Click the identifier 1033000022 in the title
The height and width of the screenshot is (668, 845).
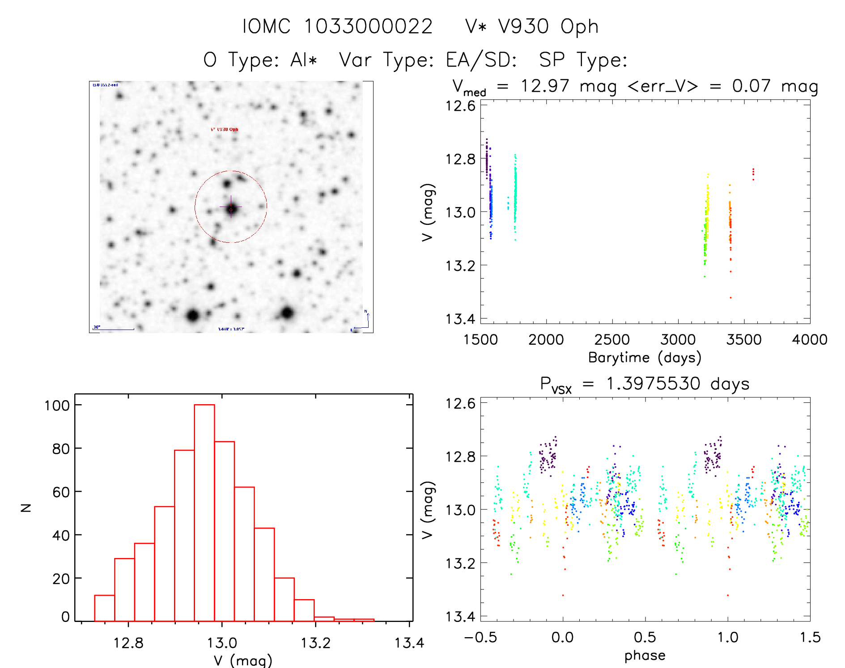tap(368, 26)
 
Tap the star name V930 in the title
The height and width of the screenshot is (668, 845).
tap(523, 26)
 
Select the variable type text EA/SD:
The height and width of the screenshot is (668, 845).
tap(481, 59)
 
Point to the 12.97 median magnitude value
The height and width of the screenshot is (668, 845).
tap(544, 86)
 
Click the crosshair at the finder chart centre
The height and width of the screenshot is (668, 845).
tap(231, 207)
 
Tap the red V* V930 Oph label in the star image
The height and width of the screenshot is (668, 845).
tap(225, 129)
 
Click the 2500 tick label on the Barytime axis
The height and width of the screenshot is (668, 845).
tap(612, 340)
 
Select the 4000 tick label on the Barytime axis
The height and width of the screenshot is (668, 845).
tap(810, 340)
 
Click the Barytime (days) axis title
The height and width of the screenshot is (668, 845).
tap(645, 358)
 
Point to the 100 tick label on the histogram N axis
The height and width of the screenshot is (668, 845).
tap(57, 406)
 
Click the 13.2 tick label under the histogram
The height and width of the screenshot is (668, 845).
tap(315, 643)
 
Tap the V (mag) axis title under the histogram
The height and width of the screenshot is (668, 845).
tap(243, 660)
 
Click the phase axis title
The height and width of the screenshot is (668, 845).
tap(645, 655)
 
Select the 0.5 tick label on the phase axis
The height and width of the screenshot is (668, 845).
tap(645, 637)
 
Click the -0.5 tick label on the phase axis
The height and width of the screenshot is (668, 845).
tap(480, 637)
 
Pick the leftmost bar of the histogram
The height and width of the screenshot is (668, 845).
tap(105, 608)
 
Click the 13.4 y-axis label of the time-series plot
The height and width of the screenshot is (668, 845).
tap(460, 319)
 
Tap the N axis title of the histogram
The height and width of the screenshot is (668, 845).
tap(26, 507)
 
